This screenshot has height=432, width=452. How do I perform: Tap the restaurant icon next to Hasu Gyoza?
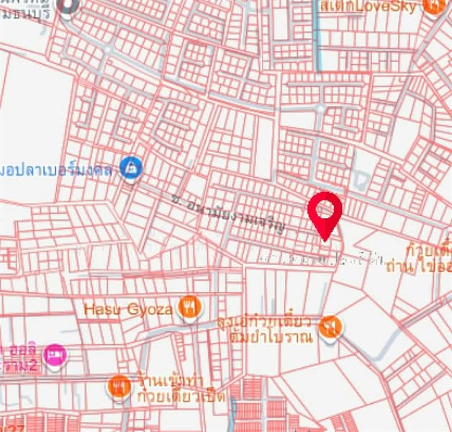coord(189,307)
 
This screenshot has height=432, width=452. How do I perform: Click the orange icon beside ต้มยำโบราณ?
coord(330,326)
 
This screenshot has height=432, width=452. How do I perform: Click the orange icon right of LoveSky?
coord(434,6)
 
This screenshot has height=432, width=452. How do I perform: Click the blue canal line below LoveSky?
coord(317,43)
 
